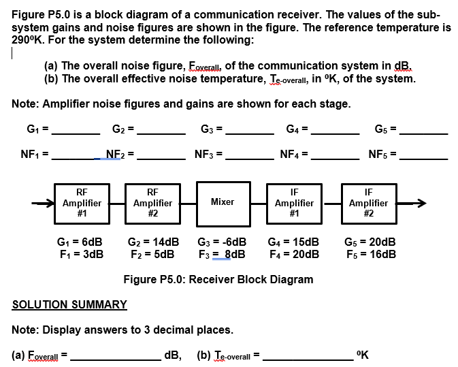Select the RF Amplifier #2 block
coord(152,202)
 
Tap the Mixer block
coord(223,202)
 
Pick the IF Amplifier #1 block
coord(294,202)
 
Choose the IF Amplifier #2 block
coord(368,202)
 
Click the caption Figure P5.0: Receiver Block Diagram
coord(218,279)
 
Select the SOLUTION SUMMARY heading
coord(69,304)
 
